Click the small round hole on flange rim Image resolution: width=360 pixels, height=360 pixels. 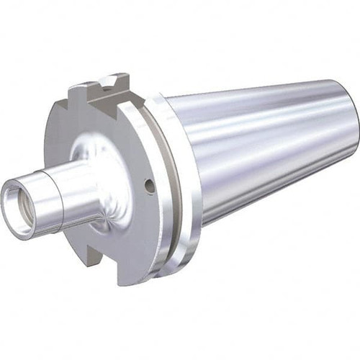[149, 186]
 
